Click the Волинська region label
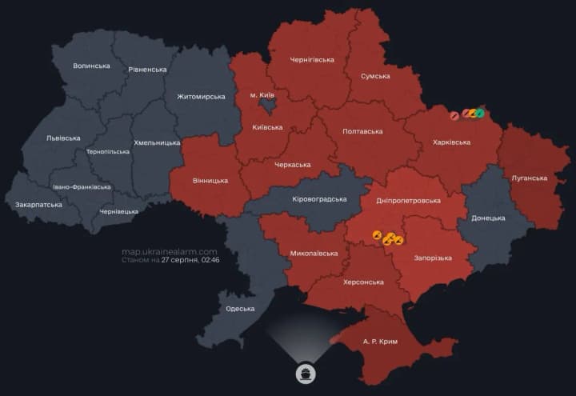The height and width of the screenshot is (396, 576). click(90, 66)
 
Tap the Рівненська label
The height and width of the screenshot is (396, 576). click(147, 70)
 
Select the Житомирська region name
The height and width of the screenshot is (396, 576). click(201, 96)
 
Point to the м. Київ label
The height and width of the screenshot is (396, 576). click(264, 95)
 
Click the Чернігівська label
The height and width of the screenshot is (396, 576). click(312, 59)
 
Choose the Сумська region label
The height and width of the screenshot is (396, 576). click(375, 76)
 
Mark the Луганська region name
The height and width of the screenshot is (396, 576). click(530, 178)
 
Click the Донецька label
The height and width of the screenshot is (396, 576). click(488, 218)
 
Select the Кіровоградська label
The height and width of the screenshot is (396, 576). click(318, 198)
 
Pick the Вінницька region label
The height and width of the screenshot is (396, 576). click(210, 181)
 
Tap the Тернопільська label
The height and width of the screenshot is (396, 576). click(107, 151)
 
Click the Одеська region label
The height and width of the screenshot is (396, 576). click(240, 309)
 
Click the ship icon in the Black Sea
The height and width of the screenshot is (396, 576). click(306, 373)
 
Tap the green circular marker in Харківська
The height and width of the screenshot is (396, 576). click(480, 113)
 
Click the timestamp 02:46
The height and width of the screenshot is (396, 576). click(211, 260)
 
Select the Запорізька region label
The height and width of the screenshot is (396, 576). click(433, 258)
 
